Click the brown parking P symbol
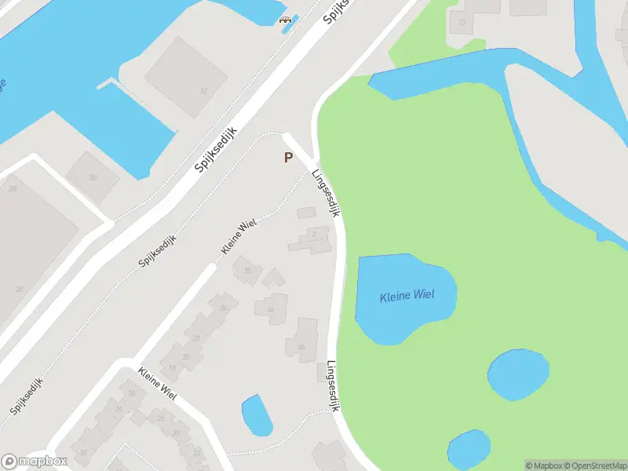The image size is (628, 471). tap(288, 158)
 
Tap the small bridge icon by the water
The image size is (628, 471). tap(286, 20)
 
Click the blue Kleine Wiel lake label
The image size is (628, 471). tap(407, 296)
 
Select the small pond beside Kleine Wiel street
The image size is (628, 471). tap(256, 415)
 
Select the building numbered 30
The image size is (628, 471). tap(93, 178)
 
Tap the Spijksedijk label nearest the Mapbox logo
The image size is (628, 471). tap(27, 396)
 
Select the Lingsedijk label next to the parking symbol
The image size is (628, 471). tap(326, 193)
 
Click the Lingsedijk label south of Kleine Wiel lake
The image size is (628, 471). tap(333, 386)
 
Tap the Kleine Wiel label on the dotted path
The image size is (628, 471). tap(239, 237)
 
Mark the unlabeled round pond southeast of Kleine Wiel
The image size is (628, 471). tap(518, 374)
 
